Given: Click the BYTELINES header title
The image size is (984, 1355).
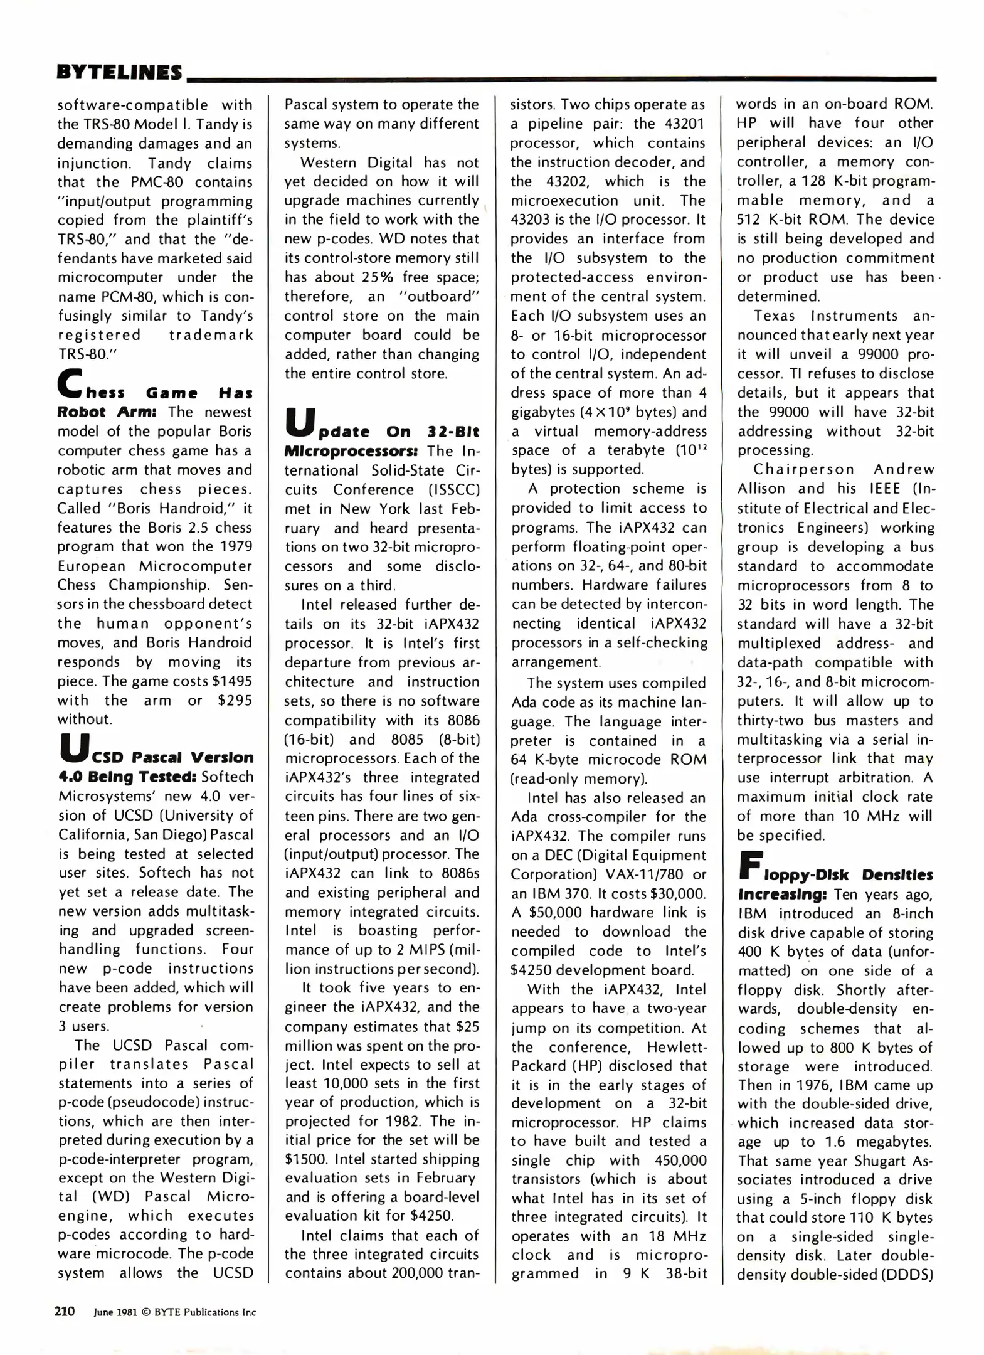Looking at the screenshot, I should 119,72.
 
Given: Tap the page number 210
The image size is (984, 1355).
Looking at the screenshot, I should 65,1311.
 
